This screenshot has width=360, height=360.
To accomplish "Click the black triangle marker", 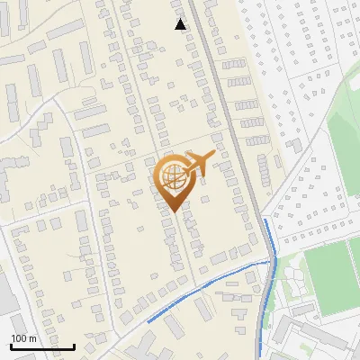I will pos(181,24).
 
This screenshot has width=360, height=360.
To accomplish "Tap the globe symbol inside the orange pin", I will pos(172,177).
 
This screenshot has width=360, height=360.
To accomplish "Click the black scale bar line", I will pos(42,346).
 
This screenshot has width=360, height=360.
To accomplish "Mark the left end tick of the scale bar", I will pos(11,345).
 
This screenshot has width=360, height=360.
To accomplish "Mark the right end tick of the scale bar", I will pos(74,345).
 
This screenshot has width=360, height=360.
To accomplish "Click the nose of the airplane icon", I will pos(215,154).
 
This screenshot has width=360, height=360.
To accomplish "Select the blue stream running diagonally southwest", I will pos(207,287).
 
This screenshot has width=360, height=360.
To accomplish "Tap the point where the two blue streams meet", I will pos(269,260).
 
